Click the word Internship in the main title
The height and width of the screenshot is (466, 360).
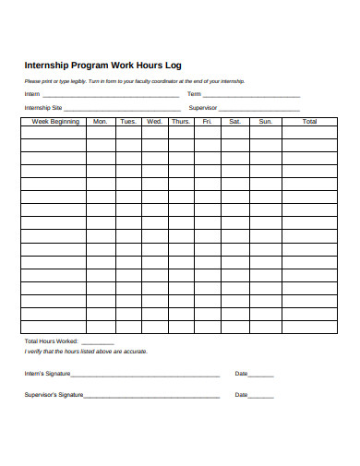[x=48, y=66]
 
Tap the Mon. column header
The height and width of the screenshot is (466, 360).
[x=101, y=122]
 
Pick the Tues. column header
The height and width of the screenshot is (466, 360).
[x=128, y=122]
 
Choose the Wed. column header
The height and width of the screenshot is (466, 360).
[x=154, y=122]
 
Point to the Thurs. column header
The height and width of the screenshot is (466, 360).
[x=181, y=122]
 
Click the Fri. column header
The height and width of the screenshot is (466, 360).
[x=208, y=122]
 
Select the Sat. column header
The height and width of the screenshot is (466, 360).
[x=234, y=122]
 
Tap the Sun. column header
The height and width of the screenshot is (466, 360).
[x=265, y=122]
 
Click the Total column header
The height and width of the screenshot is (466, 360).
[x=309, y=122]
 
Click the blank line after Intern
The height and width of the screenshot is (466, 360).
[x=111, y=95]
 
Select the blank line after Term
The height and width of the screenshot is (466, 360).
[x=251, y=95]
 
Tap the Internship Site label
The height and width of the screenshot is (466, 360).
[x=43, y=108]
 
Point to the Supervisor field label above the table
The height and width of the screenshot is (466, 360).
[x=202, y=108]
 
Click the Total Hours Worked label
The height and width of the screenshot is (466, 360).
[x=52, y=341]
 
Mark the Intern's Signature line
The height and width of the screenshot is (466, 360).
[x=145, y=375]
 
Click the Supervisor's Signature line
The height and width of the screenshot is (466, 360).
[x=151, y=396]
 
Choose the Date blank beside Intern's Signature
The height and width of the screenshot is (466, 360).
[x=261, y=375]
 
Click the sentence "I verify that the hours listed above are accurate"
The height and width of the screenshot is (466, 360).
[x=85, y=352]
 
